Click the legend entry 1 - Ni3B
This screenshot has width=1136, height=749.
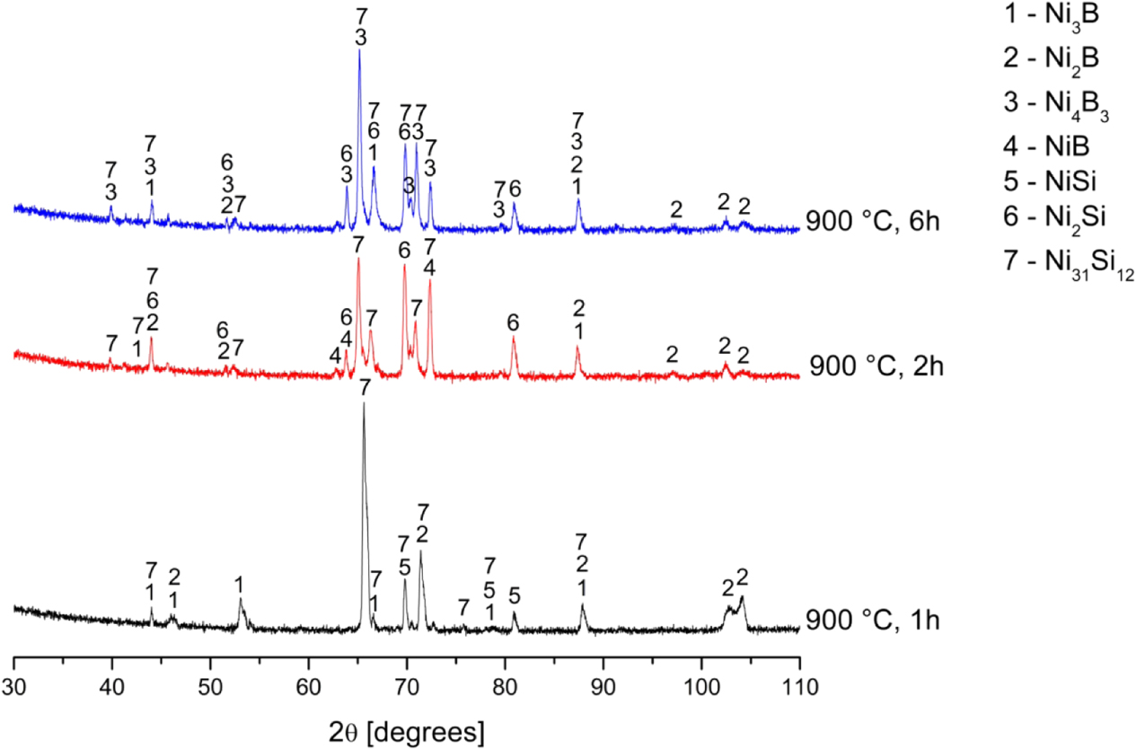(x=1056, y=18)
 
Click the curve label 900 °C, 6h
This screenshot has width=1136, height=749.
(x=873, y=220)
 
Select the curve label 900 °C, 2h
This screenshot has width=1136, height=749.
(x=876, y=366)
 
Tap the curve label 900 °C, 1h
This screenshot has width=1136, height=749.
(x=873, y=620)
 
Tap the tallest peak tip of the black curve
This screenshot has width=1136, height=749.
(x=364, y=403)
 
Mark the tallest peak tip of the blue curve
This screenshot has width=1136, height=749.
(x=359, y=49)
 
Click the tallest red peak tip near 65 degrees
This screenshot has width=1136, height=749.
(x=358, y=259)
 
